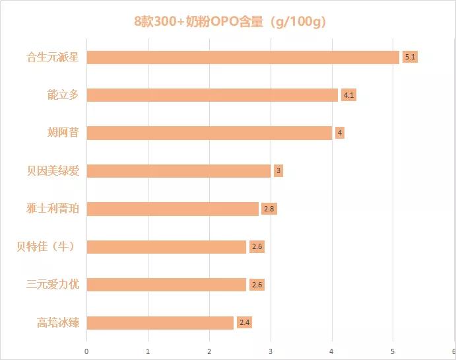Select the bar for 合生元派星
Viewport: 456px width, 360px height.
(243, 57)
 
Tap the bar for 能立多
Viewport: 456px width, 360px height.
(212, 95)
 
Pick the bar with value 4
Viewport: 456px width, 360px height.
(209, 133)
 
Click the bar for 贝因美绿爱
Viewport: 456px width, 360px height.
(178, 171)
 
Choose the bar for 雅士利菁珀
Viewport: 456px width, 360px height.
(172, 209)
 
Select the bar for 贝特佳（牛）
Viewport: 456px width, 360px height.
(166, 247)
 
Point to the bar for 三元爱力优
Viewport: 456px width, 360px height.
(166, 285)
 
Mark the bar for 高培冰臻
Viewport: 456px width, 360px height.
(160, 323)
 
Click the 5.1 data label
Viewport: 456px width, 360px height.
(410, 57)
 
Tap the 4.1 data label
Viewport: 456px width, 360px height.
(349, 95)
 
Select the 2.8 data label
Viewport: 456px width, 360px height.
(269, 209)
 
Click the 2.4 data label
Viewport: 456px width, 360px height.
(245, 323)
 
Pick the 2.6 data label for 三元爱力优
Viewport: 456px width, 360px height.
(257, 285)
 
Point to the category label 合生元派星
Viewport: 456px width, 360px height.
(52, 57)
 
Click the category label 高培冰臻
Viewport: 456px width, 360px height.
(57, 323)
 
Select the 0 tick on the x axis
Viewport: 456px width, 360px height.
(86, 351)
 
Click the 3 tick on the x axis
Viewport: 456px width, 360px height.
(271, 351)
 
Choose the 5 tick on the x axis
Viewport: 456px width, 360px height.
(393, 351)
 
